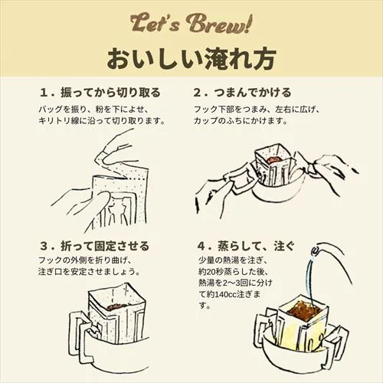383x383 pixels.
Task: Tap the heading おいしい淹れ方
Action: coord(191,57)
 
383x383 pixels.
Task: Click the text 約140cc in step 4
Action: coord(237,293)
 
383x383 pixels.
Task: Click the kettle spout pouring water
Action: coord(316,250)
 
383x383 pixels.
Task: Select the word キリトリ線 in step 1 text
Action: coord(59,121)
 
